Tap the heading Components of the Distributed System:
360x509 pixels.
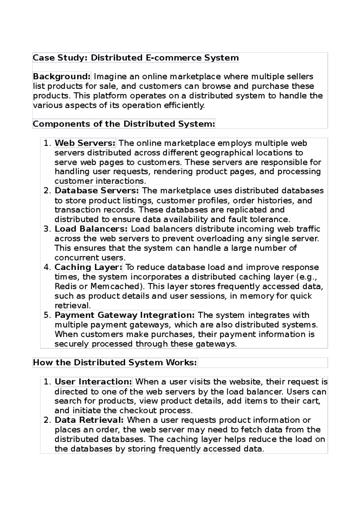[x=124, y=124]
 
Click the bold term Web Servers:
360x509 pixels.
[x=85, y=143]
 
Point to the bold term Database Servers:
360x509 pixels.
[x=97, y=191]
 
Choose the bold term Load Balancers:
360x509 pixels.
[x=91, y=229]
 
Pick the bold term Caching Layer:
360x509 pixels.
[x=88, y=267]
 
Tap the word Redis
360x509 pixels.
[x=64, y=286]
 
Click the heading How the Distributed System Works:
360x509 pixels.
[x=115, y=362]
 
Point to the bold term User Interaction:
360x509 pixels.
[x=93, y=382]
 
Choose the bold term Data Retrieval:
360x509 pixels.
[x=89, y=420]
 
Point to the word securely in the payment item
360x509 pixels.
[x=72, y=344]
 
